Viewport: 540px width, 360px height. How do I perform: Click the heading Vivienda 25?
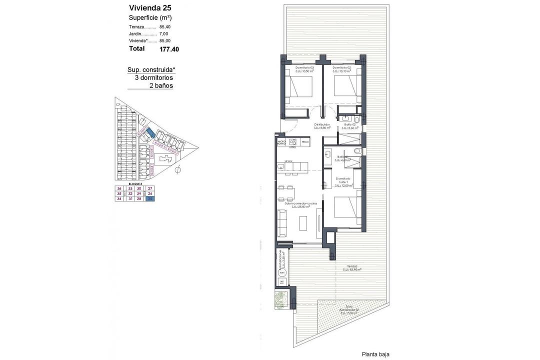click(x=150, y=7)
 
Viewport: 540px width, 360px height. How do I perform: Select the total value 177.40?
click(x=169, y=49)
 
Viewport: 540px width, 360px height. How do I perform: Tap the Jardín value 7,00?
click(x=163, y=33)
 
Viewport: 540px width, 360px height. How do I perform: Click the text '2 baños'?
click(x=161, y=85)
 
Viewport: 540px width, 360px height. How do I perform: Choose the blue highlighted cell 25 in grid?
click(x=150, y=198)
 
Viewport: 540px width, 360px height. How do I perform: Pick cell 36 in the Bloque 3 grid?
click(x=119, y=188)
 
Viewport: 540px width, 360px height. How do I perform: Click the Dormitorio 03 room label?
click(x=304, y=67)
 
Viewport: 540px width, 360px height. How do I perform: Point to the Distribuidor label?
click(x=321, y=124)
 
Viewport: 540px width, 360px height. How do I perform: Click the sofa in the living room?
click(x=281, y=222)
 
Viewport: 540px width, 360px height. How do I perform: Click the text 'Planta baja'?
click(x=375, y=354)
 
